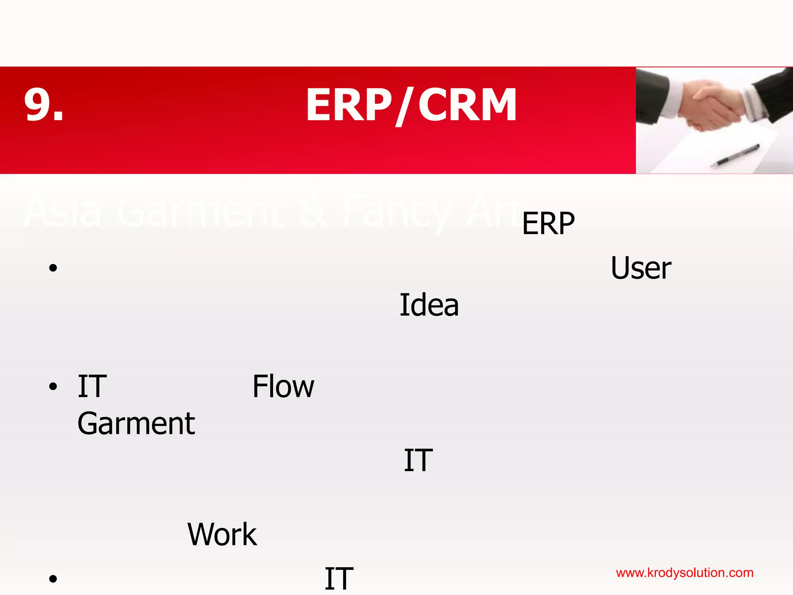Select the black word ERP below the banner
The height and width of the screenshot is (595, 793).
(548, 224)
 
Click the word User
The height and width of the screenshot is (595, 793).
(640, 268)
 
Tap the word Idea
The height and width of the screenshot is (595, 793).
(429, 306)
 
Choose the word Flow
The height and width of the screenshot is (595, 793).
(283, 387)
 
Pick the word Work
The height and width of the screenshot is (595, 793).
(222, 535)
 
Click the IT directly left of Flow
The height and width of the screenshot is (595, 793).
(92, 387)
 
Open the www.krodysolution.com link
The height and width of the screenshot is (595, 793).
(684, 573)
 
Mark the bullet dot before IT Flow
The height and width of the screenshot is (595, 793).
(53, 387)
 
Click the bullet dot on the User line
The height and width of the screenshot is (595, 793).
(53, 268)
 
